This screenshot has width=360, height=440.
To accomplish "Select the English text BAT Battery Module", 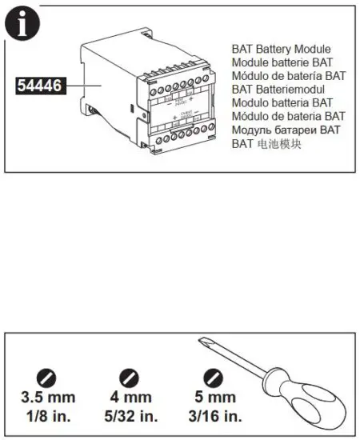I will click(281, 49).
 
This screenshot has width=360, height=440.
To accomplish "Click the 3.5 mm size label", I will click(50, 398).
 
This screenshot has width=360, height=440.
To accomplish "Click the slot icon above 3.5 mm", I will click(50, 377).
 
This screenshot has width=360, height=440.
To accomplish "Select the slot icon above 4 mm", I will click(129, 377).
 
